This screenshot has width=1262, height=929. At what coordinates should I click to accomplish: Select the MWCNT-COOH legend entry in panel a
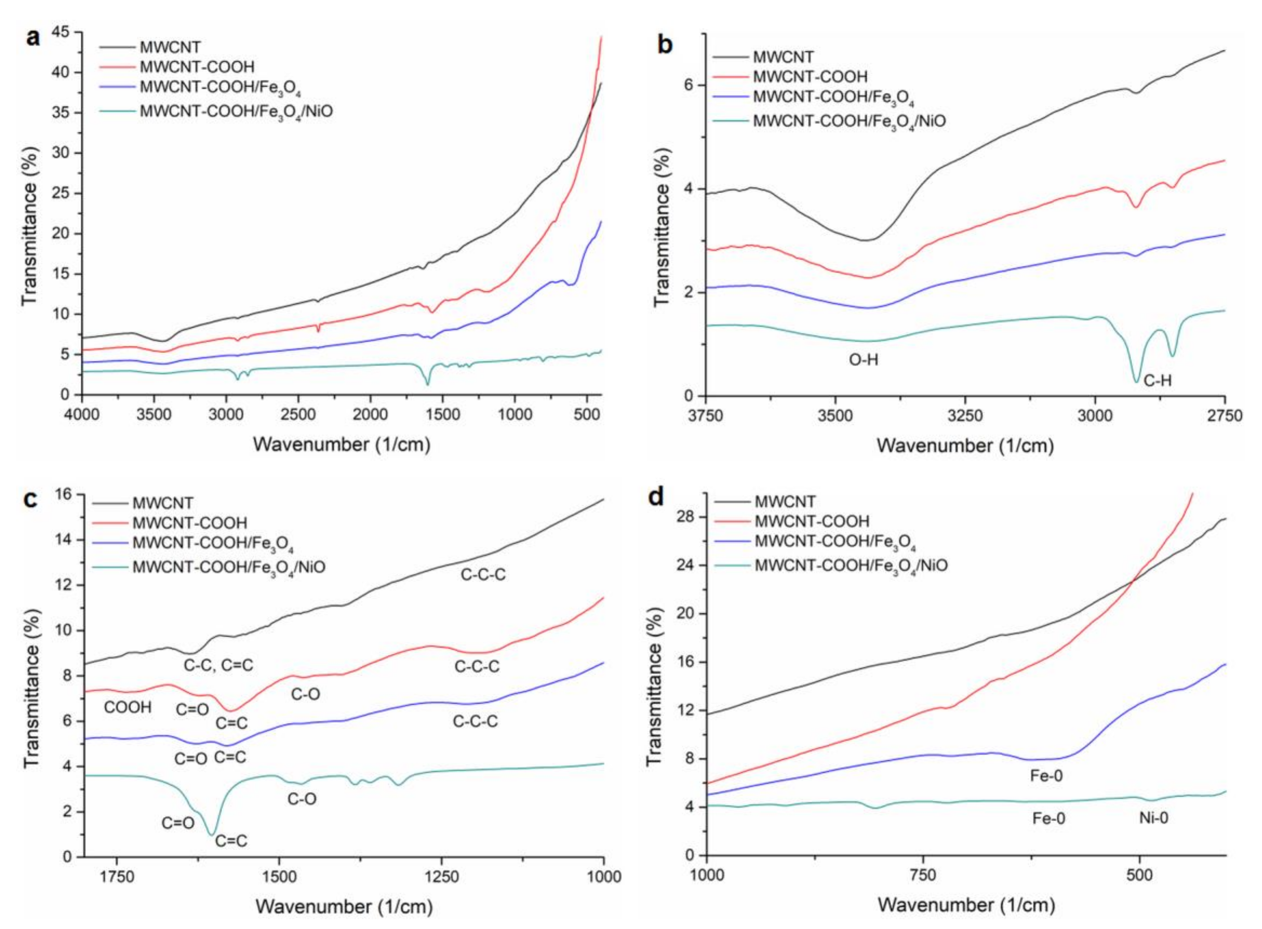197,67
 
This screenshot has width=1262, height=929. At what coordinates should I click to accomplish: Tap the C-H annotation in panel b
1158,381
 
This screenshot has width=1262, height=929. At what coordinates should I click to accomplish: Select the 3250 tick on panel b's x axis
965,416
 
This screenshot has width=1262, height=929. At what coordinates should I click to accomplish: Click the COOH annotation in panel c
127,708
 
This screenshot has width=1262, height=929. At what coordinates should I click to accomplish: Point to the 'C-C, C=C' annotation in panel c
219,665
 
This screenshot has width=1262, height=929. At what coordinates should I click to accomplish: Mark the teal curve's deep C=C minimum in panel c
212,835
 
